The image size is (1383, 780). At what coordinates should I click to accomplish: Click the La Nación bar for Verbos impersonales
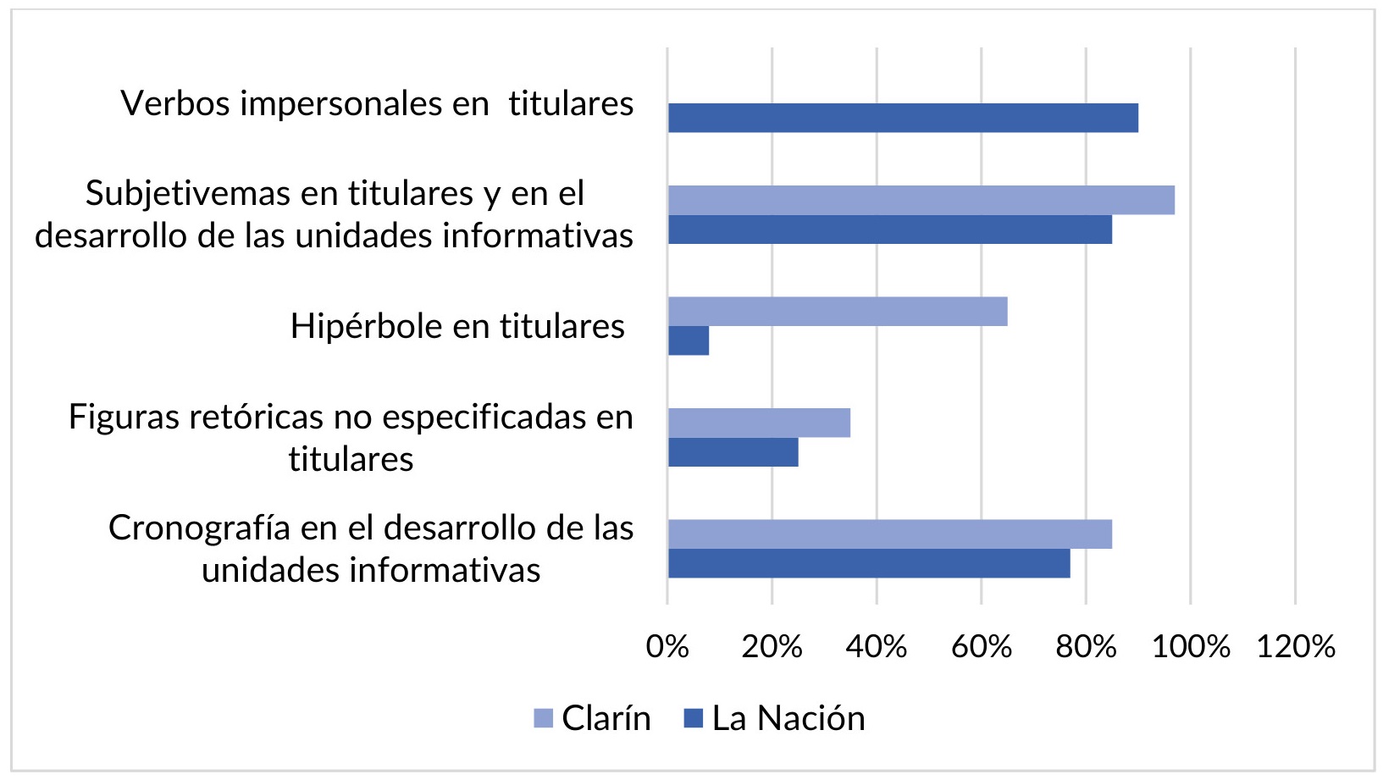click(903, 118)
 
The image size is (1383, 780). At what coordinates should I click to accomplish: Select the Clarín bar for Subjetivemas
click(921, 200)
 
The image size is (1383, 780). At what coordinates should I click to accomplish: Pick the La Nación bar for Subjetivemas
click(889, 230)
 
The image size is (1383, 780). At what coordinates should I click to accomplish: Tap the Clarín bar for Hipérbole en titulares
click(838, 312)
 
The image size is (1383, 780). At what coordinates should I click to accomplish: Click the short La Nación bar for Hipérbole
click(689, 340)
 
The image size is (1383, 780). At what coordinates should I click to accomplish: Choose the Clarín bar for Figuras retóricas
click(759, 423)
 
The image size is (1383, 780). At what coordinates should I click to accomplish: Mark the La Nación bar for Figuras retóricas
click(733, 452)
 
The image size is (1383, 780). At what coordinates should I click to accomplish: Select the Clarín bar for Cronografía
click(889, 534)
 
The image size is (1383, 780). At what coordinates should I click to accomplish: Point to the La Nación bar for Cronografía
click(869, 563)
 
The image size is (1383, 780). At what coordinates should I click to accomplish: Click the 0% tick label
click(667, 647)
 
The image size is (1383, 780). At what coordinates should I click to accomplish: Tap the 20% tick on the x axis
click(772, 647)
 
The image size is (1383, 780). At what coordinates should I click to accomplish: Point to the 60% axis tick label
click(981, 647)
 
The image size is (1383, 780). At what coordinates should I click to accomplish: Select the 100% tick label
click(1190, 647)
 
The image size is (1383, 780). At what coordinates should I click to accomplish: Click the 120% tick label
click(1295, 647)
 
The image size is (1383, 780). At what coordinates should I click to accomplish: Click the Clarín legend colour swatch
click(543, 719)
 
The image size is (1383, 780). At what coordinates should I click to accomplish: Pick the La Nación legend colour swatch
click(693, 719)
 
